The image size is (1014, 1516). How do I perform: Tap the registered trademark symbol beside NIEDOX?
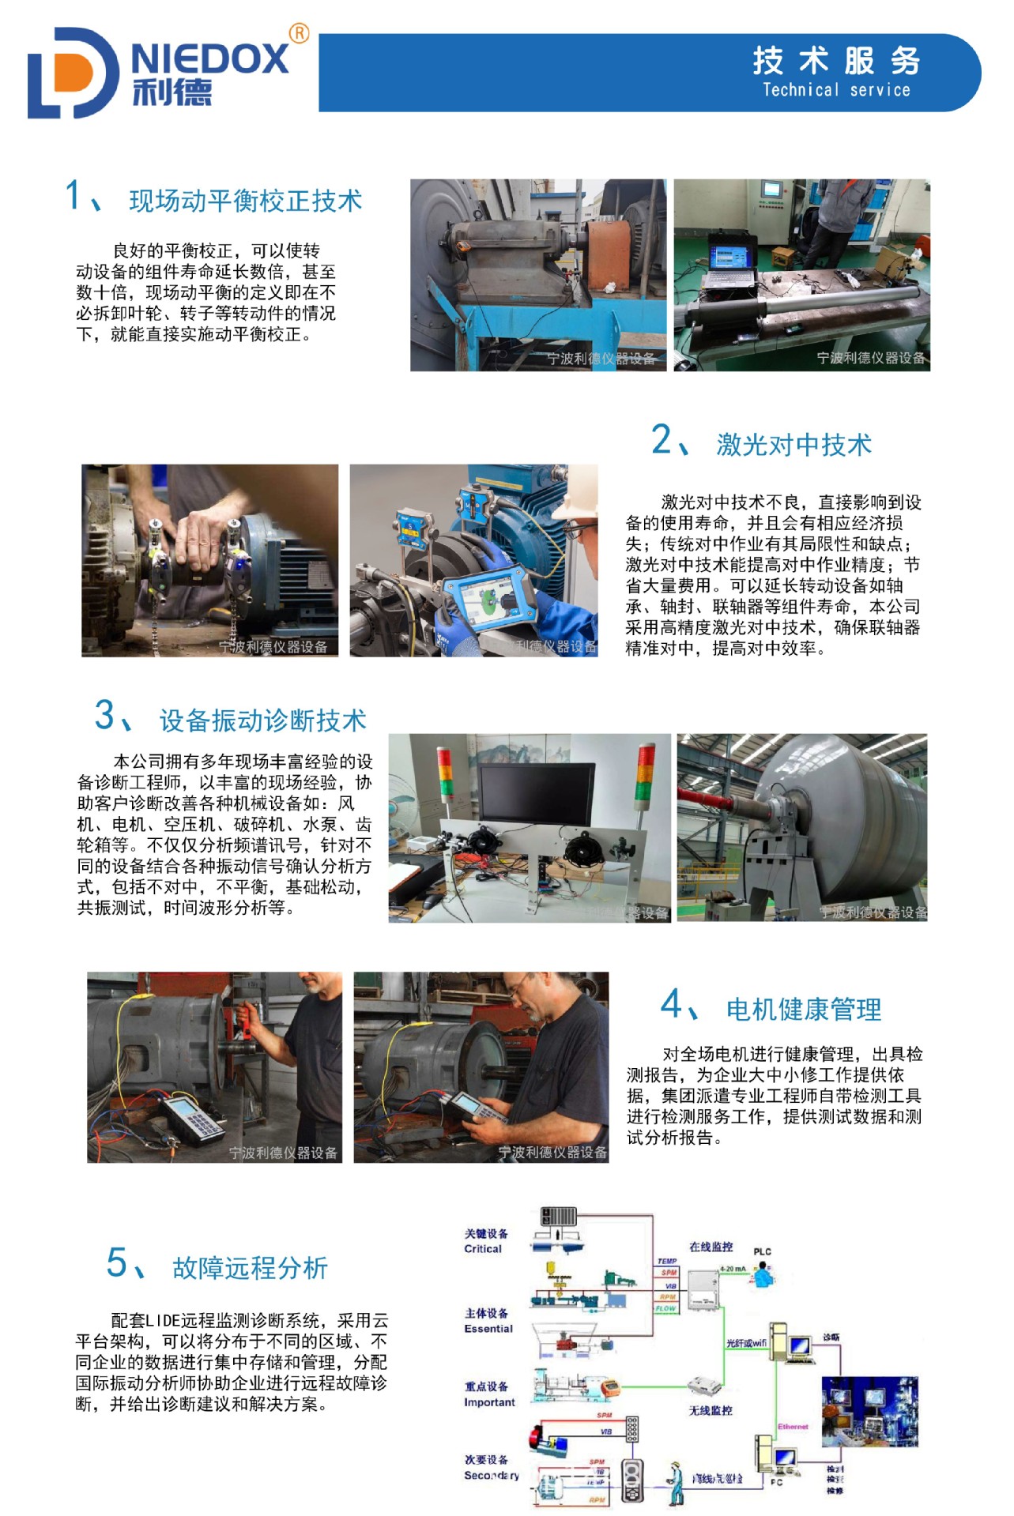[299, 33]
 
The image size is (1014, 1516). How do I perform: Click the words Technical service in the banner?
[835, 90]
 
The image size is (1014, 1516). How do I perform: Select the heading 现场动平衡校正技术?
[245, 201]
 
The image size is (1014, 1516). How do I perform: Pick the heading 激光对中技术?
[793, 445]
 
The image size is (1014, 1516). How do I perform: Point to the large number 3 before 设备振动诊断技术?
[105, 715]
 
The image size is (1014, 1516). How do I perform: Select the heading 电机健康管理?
[803, 1010]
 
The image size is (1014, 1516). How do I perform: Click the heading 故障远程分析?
[250, 1268]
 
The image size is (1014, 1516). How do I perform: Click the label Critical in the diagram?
[482, 1249]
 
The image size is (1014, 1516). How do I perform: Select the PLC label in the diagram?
[762, 1251]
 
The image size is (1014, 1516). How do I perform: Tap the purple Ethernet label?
[793, 1427]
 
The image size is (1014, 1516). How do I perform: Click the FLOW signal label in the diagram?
[665, 1309]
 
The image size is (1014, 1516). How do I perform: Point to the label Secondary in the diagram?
[491, 1475]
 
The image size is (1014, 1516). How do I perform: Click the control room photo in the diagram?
[870, 1411]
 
